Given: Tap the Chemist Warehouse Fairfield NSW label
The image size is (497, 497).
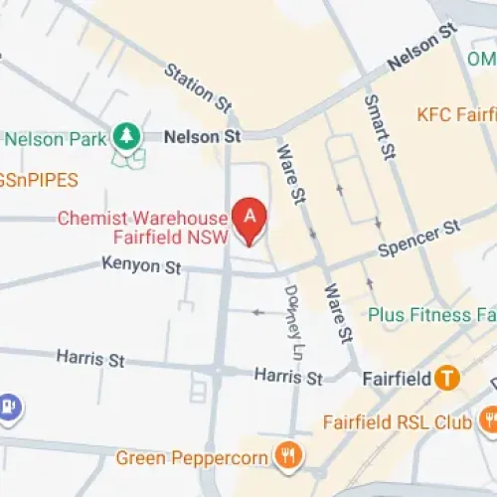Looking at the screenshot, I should pos(142,228).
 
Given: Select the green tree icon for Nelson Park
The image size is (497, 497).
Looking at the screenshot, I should pos(126,133).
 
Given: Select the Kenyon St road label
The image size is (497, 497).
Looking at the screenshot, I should pos(142,266).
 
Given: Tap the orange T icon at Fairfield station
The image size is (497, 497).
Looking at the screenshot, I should pos(448,378).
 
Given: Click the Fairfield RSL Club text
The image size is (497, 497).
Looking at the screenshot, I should pos(397,422).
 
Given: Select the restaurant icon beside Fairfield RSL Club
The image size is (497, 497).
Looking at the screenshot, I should pos(488,420).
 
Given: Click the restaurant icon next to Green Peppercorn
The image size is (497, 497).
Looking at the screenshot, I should pos(288,456).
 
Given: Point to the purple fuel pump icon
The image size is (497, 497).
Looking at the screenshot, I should pos(10,406).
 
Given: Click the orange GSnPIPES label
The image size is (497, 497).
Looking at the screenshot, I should pos(38,180).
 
